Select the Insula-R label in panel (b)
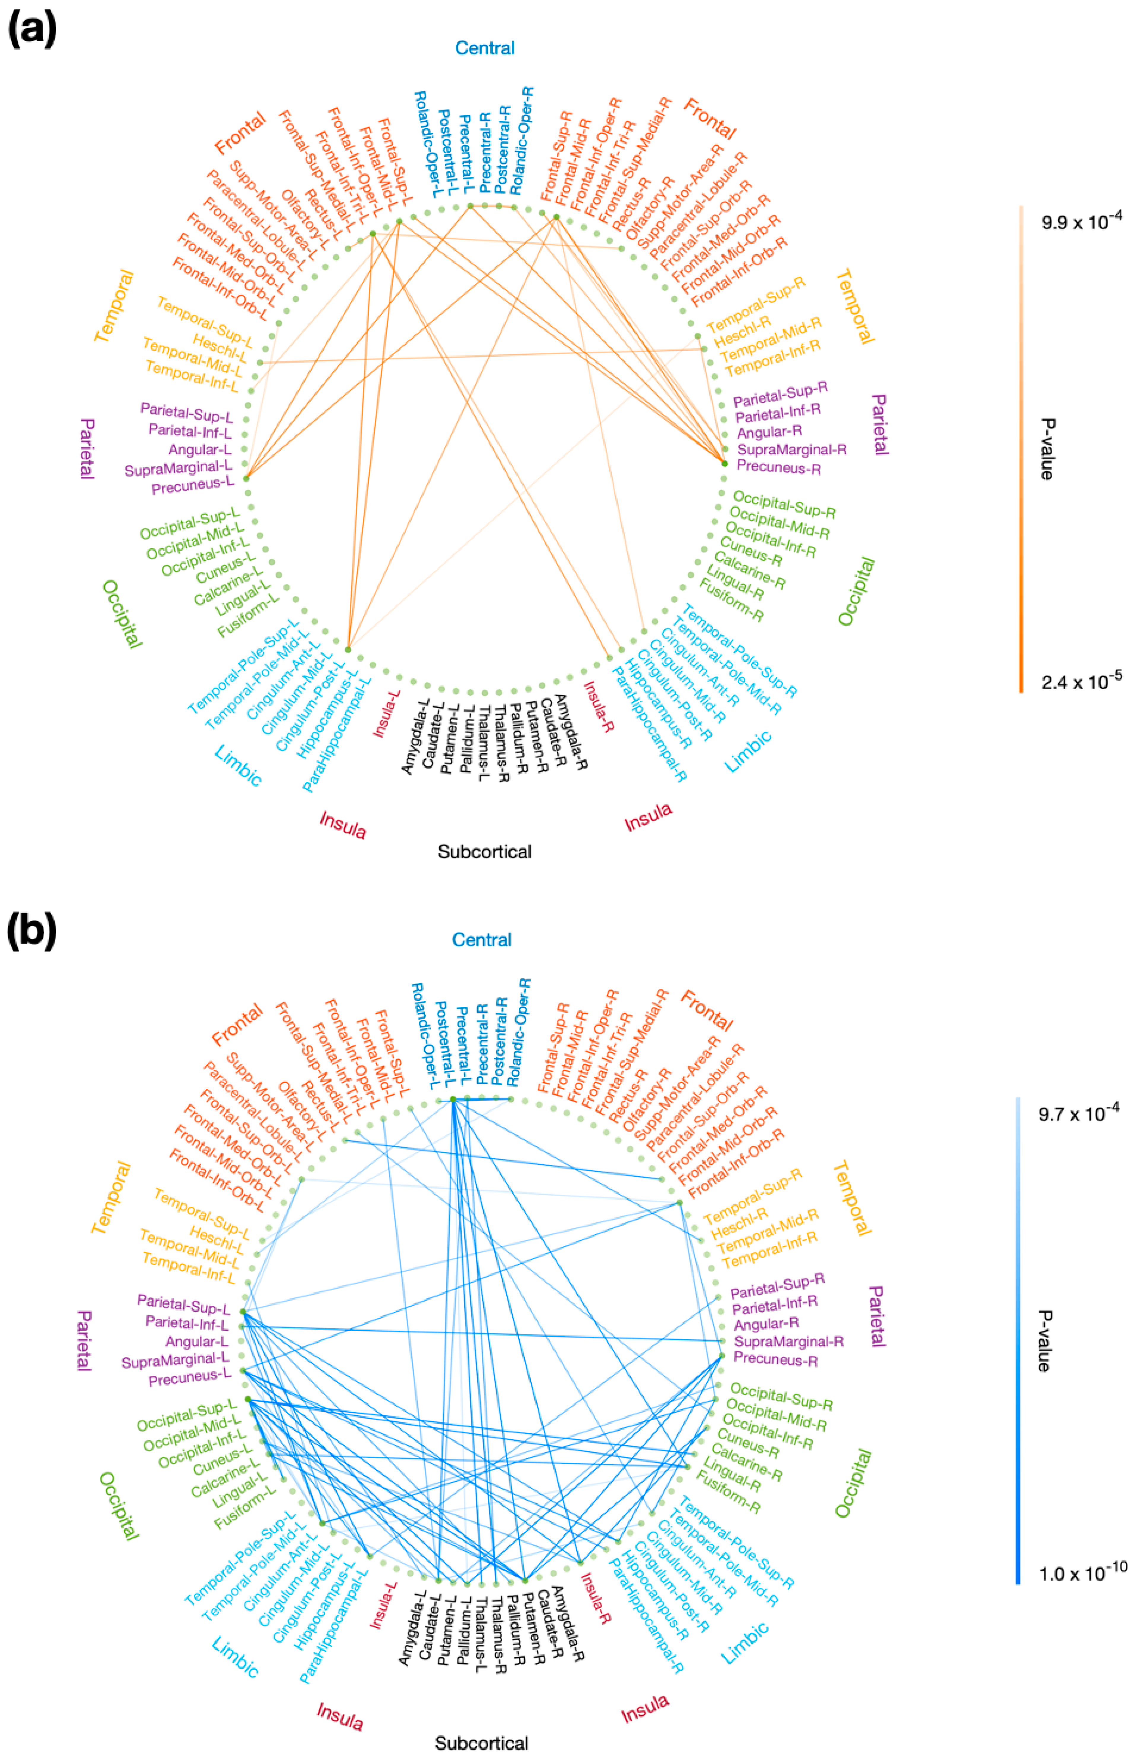pyautogui.click(x=597, y=1603)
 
